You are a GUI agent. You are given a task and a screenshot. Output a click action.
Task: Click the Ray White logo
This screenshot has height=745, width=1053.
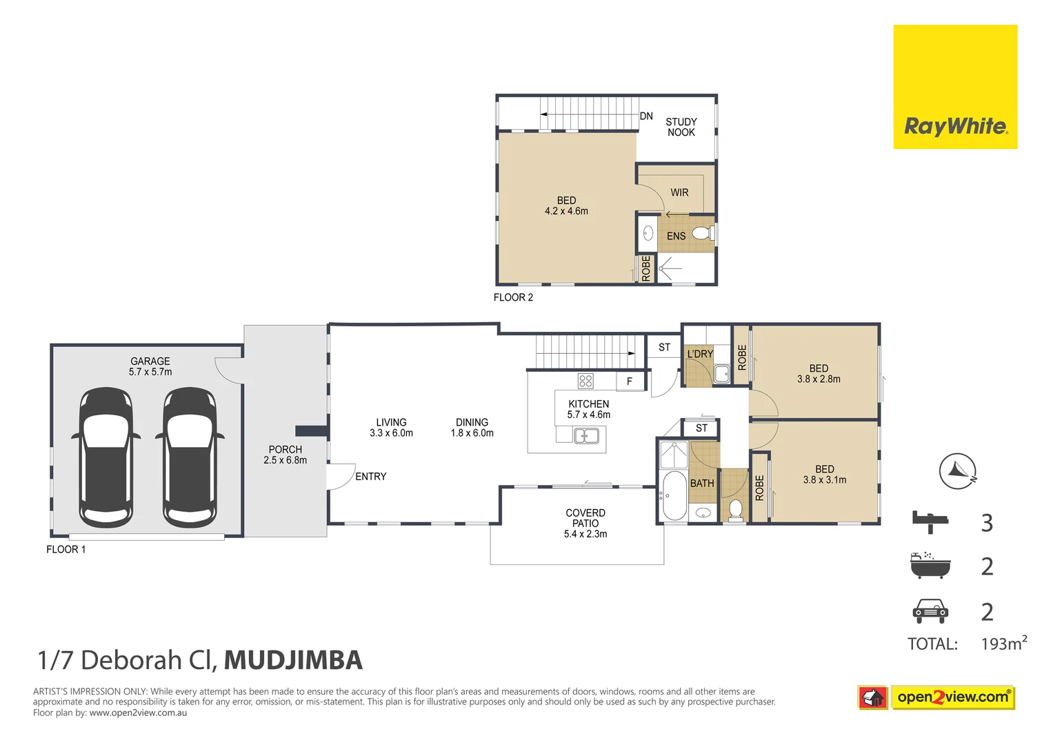point(955,87)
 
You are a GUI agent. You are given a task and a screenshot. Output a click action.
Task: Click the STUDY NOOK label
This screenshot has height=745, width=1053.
point(681,127)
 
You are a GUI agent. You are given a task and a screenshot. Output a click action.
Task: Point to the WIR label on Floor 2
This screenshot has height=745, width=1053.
point(679,193)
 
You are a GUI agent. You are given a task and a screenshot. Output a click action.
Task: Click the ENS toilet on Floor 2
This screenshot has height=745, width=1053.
point(703,234)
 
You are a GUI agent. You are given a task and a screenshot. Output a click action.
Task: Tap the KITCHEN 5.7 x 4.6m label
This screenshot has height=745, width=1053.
point(588,409)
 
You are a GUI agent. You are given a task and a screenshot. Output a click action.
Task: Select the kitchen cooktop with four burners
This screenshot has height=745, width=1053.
point(585,381)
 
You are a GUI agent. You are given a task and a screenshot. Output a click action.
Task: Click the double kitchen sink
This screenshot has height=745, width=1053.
point(586,435)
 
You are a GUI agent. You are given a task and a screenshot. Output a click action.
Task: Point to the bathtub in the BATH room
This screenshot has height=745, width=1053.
point(672,495)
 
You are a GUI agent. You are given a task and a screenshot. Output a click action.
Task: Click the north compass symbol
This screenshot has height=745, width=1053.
point(958,472)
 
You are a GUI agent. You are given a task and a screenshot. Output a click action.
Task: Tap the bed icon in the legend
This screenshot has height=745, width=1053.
point(930,521)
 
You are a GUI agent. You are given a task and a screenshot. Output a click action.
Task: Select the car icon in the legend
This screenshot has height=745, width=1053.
point(930,611)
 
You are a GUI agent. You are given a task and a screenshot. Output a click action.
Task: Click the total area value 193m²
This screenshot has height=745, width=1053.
point(1003,644)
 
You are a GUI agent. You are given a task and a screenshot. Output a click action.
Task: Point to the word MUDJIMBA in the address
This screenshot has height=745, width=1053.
point(293,660)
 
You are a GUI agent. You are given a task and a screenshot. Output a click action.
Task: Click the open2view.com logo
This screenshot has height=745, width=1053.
point(952,697)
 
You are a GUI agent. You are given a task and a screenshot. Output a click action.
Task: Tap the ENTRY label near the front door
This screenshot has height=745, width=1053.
point(370,477)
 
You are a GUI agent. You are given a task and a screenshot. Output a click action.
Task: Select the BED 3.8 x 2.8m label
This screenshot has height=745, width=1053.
point(819,374)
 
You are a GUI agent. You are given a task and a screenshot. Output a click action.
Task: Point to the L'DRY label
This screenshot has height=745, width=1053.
point(699,355)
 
